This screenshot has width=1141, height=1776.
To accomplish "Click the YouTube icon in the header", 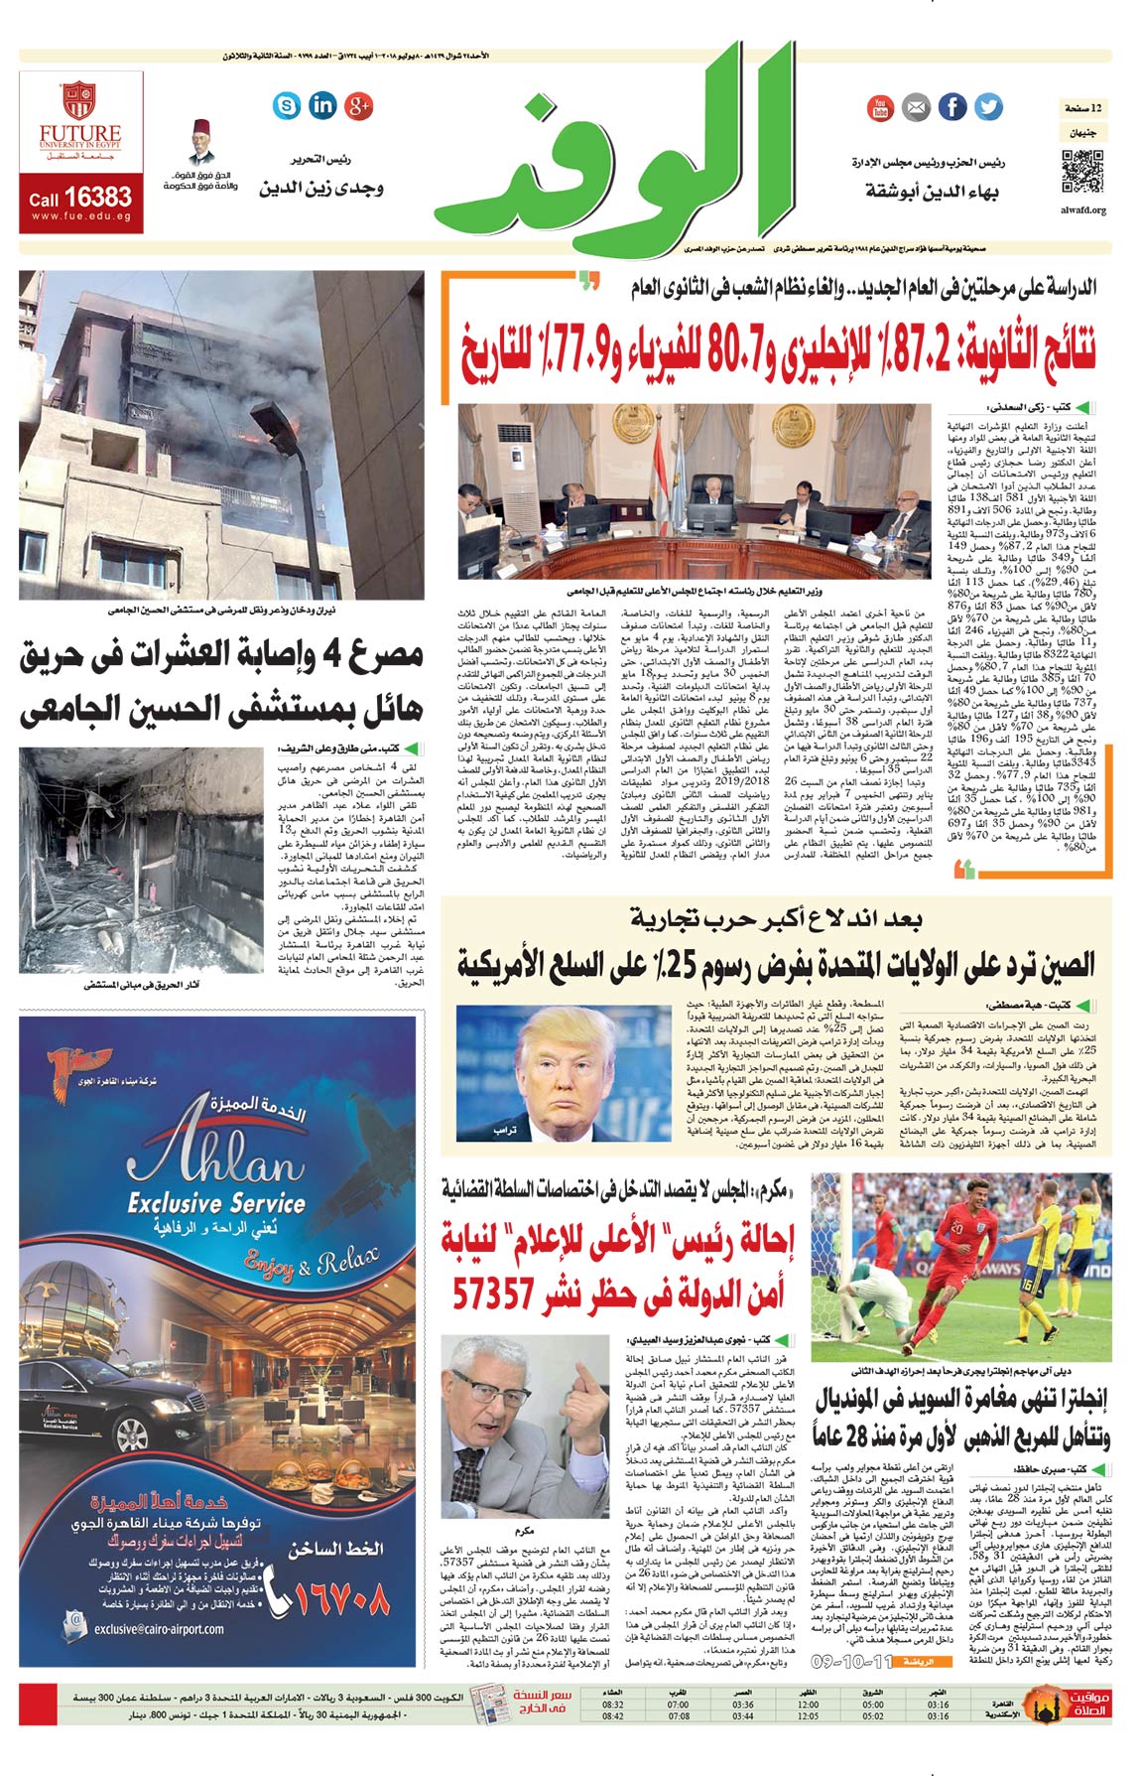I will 880,107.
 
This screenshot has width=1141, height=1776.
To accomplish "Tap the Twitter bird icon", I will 987,107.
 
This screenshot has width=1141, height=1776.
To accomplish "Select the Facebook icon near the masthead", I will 951,107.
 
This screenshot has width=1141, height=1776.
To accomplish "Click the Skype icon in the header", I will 288,104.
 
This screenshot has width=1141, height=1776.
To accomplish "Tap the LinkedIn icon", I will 323,104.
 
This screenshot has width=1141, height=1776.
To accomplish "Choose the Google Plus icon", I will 358,104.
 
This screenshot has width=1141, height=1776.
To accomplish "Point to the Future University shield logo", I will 79,100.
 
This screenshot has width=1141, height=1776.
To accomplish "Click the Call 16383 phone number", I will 80,198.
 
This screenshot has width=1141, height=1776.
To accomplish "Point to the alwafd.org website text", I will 1082,210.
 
